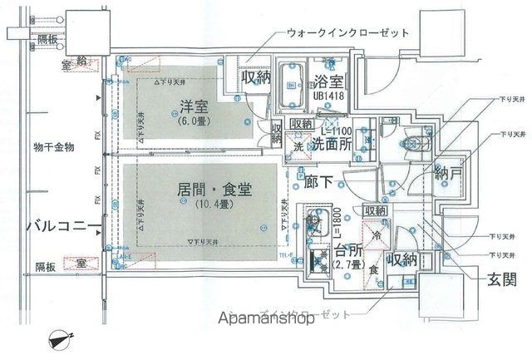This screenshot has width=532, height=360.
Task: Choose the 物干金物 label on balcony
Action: [x=54, y=147]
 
